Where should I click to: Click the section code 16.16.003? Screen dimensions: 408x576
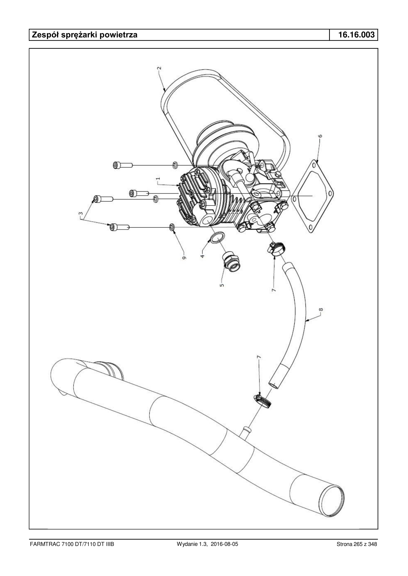pyautogui.click(x=356, y=35)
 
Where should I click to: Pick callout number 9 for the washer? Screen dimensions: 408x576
pyautogui.click(x=184, y=258)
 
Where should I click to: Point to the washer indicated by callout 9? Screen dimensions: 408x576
pyautogui.click(x=172, y=227)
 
